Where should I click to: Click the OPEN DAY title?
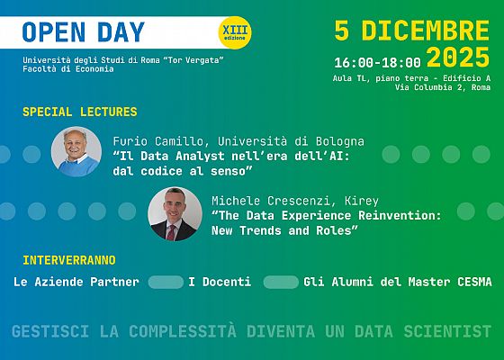click(83, 32)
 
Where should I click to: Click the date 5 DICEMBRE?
click(411, 31)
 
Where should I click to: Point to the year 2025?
click(459, 59)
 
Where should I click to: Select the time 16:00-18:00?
click(376, 63)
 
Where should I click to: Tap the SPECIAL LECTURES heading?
click(79, 112)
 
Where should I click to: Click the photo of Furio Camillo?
click(76, 151)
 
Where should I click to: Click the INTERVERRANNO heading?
click(69, 260)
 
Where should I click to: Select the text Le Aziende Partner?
click(76, 283)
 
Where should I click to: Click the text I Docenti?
click(220, 283)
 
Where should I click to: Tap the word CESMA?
click(472, 283)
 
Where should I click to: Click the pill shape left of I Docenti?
click(165, 283)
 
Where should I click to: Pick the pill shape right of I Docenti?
click(281, 283)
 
